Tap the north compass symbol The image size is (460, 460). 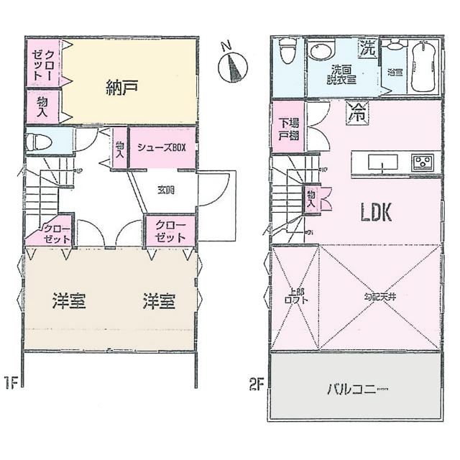pyautogui.click(x=232, y=66)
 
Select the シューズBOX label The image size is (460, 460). pyautogui.click(x=162, y=148)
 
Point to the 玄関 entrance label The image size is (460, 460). pyautogui.click(x=167, y=190)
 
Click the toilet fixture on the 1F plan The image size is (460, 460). pyautogui.click(x=39, y=142)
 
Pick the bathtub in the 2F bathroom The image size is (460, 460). pyautogui.click(x=424, y=67)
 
